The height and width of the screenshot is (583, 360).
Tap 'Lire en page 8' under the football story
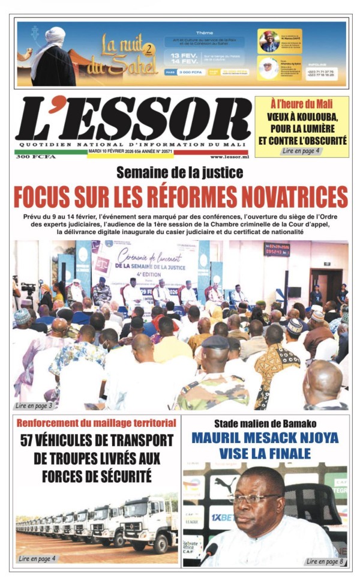(x=325, y=561)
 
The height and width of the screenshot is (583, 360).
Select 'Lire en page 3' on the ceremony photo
(x=34, y=406)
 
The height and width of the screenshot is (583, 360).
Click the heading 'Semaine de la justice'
(x=180, y=174)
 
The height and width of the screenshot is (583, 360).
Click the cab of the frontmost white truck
(x=139, y=521)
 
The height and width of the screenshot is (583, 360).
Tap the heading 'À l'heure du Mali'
(x=301, y=103)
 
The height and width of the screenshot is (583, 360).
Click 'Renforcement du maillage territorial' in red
(x=97, y=423)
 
